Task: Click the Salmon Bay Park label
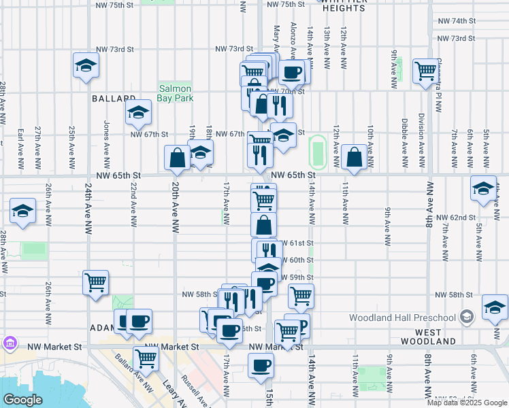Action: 176,93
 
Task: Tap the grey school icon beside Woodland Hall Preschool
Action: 466,317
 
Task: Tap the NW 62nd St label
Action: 456,217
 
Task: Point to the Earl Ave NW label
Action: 20,145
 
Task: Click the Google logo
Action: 22,400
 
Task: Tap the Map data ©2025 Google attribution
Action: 466,403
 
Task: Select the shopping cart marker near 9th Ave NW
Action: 426,70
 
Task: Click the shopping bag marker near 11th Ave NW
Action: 355,157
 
